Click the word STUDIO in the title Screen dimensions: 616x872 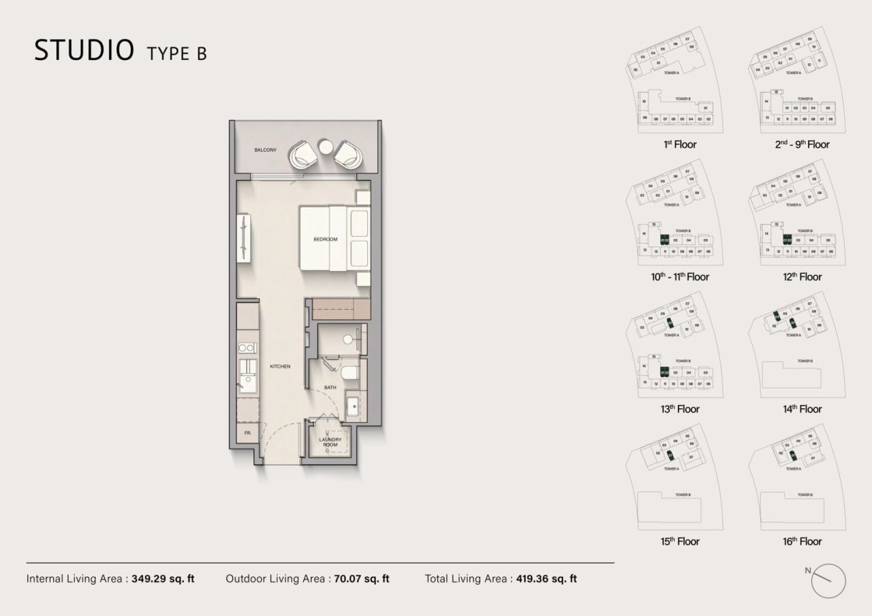(x=83, y=50)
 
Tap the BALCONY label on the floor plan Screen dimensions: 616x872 (x=265, y=150)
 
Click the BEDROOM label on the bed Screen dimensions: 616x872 (x=326, y=240)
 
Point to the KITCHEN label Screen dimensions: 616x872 (x=280, y=367)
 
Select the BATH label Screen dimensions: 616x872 (x=330, y=388)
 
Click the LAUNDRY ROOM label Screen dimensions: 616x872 (x=330, y=442)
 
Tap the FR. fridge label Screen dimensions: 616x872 (x=247, y=433)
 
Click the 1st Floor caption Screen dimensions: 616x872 (x=679, y=144)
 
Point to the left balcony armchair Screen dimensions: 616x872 (x=303, y=155)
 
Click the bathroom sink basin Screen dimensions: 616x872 (x=354, y=406)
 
